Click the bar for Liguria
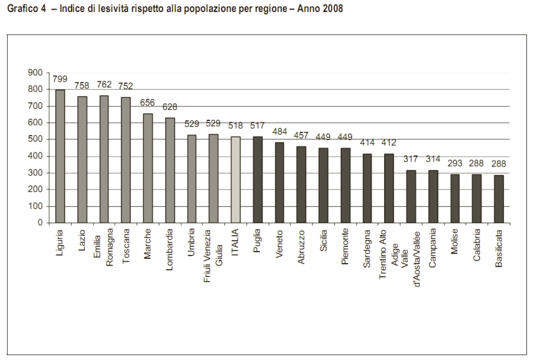[x=60, y=156]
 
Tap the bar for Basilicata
[x=499, y=199]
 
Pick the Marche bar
[x=148, y=168]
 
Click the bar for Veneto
[x=279, y=183]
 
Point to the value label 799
[x=60, y=79]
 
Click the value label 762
[x=104, y=85]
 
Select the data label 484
[x=279, y=131]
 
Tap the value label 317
[x=411, y=159]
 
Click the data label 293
[x=455, y=163]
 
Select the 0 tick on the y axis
[x=39, y=223]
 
